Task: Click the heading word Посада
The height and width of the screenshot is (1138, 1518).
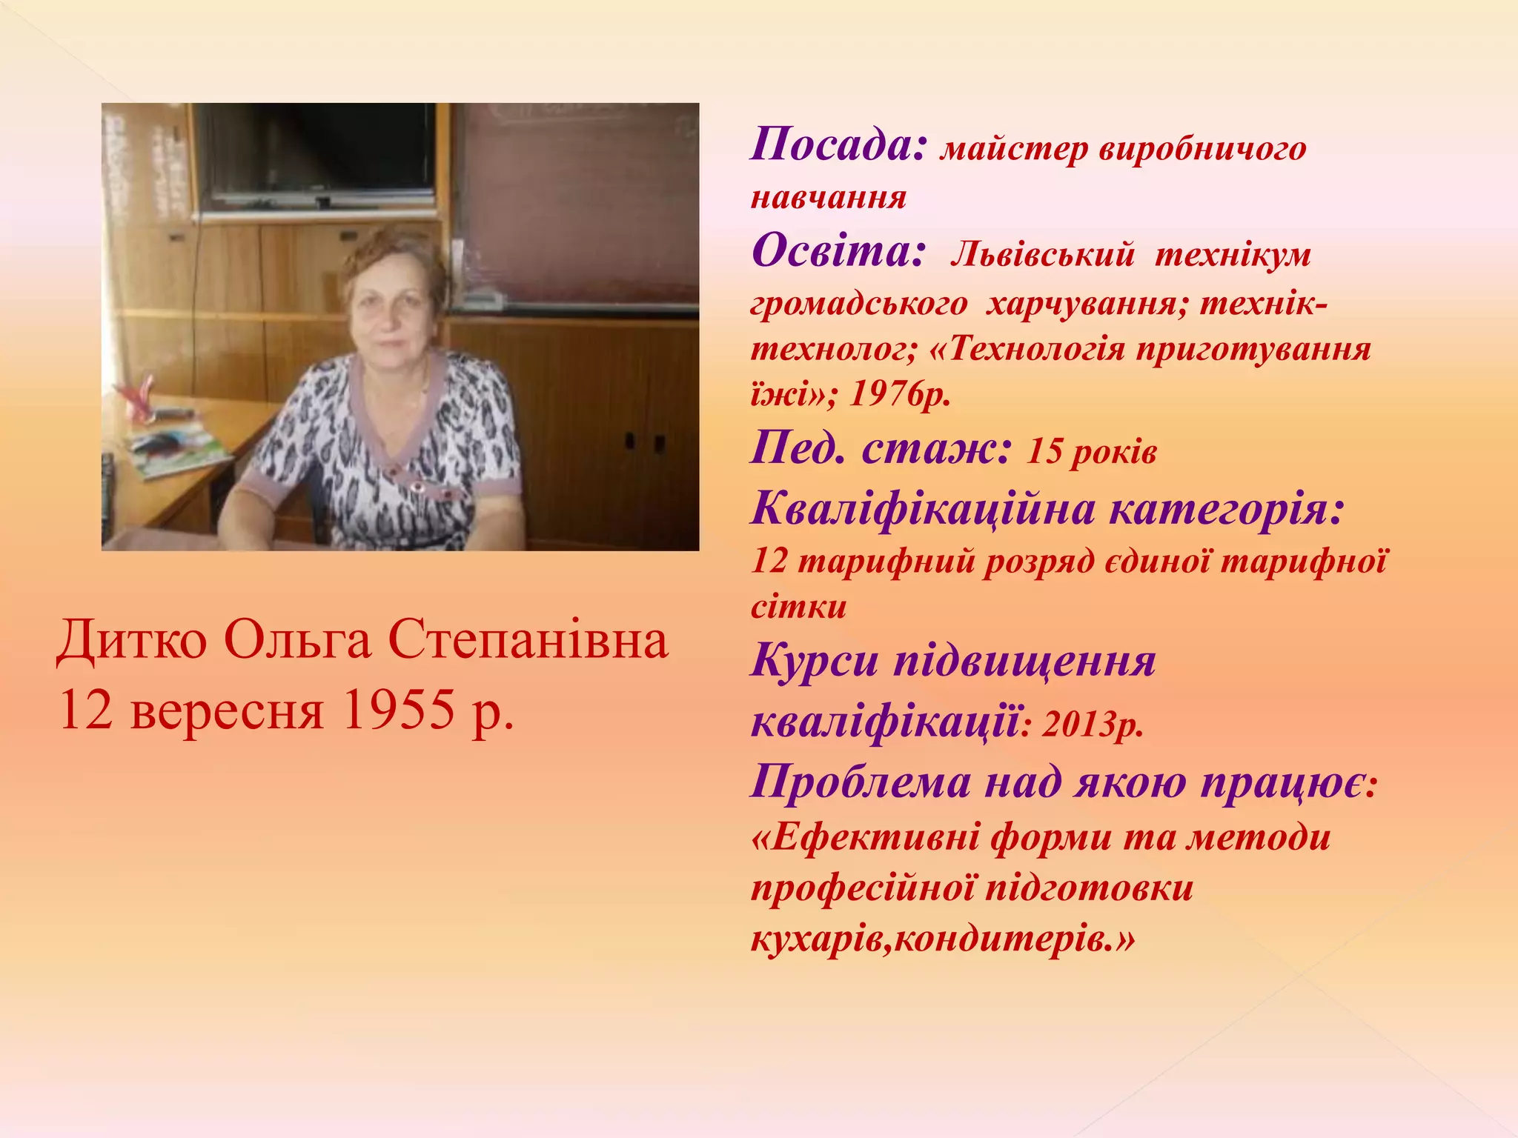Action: (x=838, y=145)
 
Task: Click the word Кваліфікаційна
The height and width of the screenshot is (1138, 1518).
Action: (x=923, y=510)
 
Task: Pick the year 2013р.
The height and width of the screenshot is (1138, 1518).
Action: (x=1093, y=725)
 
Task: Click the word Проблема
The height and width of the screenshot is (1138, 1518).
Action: (x=860, y=782)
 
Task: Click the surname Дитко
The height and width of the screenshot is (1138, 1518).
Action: (x=132, y=640)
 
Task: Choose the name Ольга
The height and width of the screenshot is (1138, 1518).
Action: (x=296, y=640)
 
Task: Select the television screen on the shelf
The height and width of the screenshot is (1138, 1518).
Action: (x=319, y=152)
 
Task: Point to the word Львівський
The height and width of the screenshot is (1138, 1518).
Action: (x=1042, y=255)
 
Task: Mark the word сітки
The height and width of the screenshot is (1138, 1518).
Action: (x=798, y=608)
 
